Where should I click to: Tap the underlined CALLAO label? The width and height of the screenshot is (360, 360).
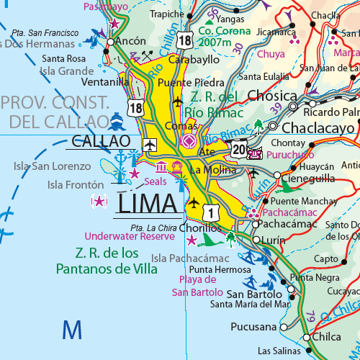(100, 141)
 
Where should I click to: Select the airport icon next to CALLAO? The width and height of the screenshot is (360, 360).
(150, 145)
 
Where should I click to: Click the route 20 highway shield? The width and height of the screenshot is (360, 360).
(239, 148)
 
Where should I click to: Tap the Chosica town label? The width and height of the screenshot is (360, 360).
(271, 96)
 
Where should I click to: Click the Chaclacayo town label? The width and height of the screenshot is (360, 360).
(318, 127)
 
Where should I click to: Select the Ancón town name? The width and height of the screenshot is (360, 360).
(130, 42)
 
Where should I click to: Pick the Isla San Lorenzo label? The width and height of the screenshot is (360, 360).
(53, 166)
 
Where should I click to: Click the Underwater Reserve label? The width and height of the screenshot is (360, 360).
(130, 236)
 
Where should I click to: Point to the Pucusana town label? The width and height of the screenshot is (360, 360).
(253, 327)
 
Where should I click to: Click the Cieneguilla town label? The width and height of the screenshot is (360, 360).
(312, 175)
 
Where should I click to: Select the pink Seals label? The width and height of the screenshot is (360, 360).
(155, 181)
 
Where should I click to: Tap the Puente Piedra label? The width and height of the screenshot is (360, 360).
(191, 82)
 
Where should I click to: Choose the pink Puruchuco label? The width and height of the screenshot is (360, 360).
(290, 154)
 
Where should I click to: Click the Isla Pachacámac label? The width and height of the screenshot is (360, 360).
(190, 258)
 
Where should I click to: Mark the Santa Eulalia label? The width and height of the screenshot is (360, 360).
(264, 77)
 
